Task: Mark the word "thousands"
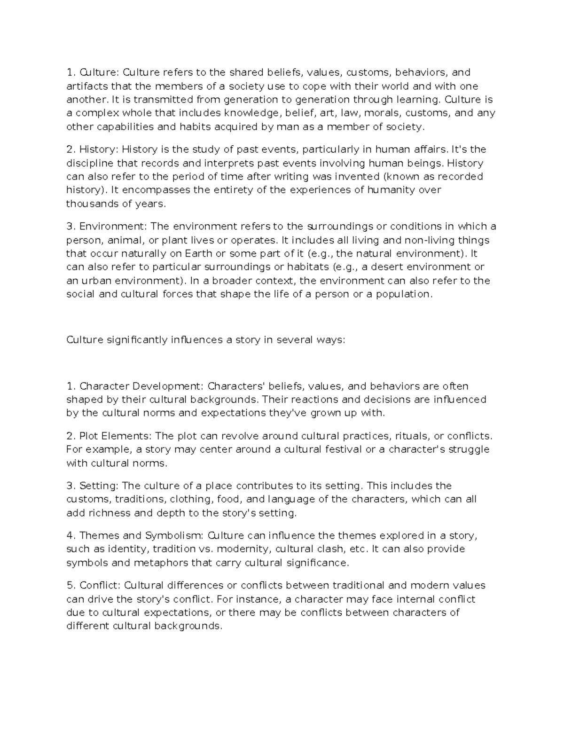(92, 204)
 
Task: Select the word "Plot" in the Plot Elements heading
(89, 436)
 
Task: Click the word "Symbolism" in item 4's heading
(174, 535)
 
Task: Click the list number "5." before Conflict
(71, 586)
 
